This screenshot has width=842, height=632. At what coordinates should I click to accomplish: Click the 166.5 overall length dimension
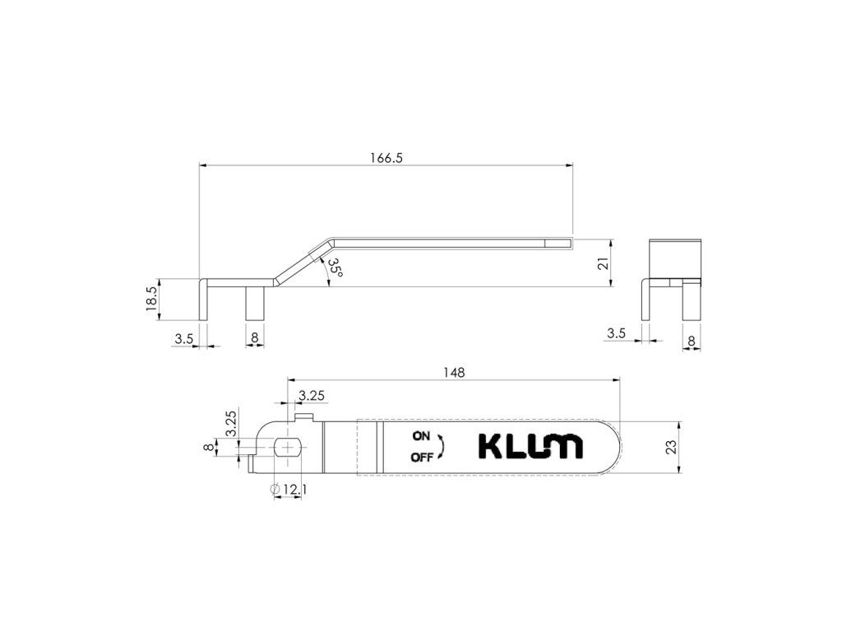coord(386,158)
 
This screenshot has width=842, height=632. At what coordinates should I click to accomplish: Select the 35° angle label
coord(335,267)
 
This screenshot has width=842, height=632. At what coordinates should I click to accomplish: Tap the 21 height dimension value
coord(603,263)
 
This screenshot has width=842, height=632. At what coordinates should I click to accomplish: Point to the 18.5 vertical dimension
coord(151,299)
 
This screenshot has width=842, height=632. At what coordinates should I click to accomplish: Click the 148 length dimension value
coord(454,372)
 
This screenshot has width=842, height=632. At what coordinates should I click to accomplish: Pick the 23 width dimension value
coord(671,447)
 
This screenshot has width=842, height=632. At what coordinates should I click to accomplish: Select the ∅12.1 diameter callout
coord(289,489)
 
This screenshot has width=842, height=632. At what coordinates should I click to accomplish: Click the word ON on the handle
coord(421,436)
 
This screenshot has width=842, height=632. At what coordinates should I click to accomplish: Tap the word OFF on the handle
coord(422,458)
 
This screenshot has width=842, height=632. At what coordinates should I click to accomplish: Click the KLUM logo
coord(530,447)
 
